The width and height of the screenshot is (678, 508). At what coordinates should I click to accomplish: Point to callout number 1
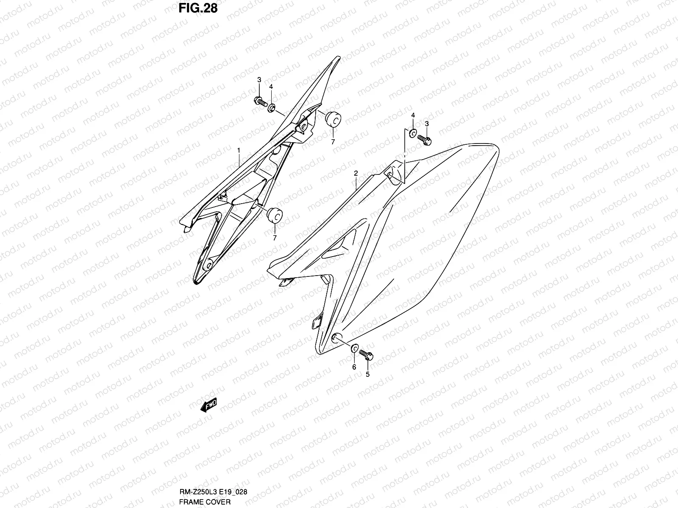pos(239,150)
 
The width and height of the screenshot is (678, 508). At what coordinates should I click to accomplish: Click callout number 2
pos(356,173)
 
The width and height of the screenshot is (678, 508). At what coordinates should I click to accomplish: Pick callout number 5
pos(367,374)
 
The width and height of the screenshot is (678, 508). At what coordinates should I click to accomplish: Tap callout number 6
pos(354,367)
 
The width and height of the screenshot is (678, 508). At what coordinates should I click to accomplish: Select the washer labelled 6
pos(353,348)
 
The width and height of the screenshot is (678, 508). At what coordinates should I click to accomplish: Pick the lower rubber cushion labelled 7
pos(274,215)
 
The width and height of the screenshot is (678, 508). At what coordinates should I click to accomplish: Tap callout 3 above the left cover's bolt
pos(259,80)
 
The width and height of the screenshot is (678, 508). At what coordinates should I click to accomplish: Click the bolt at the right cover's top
pos(424,139)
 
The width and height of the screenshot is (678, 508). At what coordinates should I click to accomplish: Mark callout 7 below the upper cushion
pos(333,142)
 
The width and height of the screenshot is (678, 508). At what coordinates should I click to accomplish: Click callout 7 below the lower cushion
pos(275,238)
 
